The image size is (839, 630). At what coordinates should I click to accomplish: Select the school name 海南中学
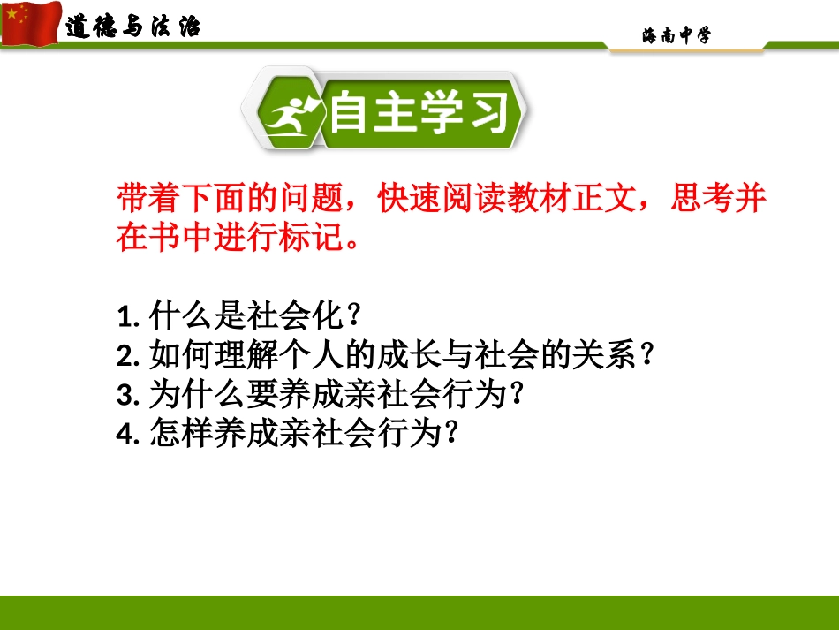[x=676, y=35]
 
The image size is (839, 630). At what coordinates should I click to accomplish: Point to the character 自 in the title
[x=352, y=114]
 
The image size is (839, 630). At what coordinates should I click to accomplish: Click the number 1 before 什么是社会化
[x=123, y=315]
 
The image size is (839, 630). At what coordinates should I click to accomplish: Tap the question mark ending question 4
[x=453, y=432]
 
